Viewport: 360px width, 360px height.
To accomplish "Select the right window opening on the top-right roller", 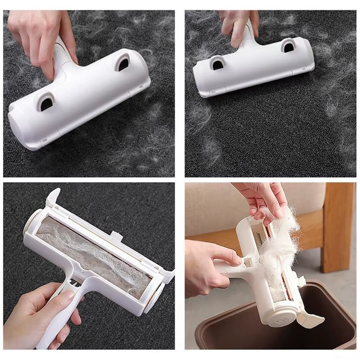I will tap(288, 47).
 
